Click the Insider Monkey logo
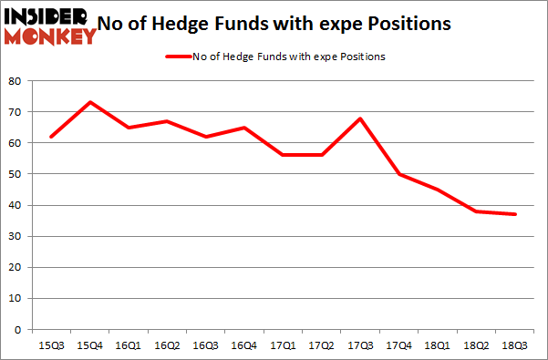tap(50, 26)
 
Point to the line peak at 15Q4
tap(90, 102)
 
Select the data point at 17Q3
tap(360, 118)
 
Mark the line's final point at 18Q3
tap(513, 214)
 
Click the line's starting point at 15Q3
tap(52, 137)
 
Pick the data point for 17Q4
tap(398, 174)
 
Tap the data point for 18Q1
tap(437, 190)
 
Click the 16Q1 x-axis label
tap(129, 346)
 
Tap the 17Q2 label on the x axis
tap(321, 346)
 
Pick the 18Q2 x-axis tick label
tap(475, 346)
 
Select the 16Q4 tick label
tap(244, 346)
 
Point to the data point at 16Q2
tap(167, 121)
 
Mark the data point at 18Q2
tap(475, 211)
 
